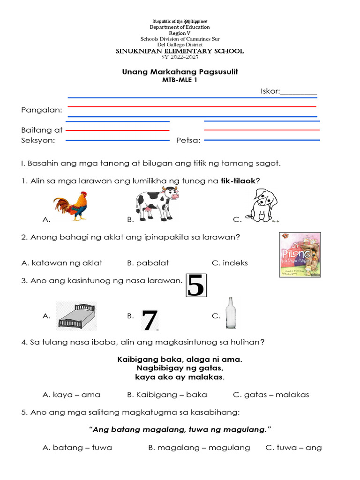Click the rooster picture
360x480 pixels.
(x=71, y=205)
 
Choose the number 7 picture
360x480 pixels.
(x=150, y=320)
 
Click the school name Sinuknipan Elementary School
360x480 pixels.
(x=180, y=51)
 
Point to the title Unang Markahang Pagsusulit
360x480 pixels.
(x=180, y=72)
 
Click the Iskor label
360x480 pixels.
(x=270, y=91)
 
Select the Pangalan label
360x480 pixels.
(x=42, y=110)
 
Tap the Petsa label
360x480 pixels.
(x=188, y=140)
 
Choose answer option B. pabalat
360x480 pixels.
(x=148, y=263)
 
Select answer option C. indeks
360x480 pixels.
(x=230, y=263)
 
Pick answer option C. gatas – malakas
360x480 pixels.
(x=271, y=395)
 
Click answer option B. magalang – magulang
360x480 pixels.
(x=199, y=448)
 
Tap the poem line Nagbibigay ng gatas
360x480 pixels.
(x=180, y=368)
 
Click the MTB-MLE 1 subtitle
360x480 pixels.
(x=180, y=81)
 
